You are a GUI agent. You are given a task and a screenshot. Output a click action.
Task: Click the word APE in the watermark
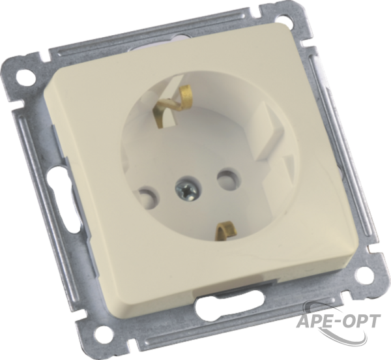pos(315,321)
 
